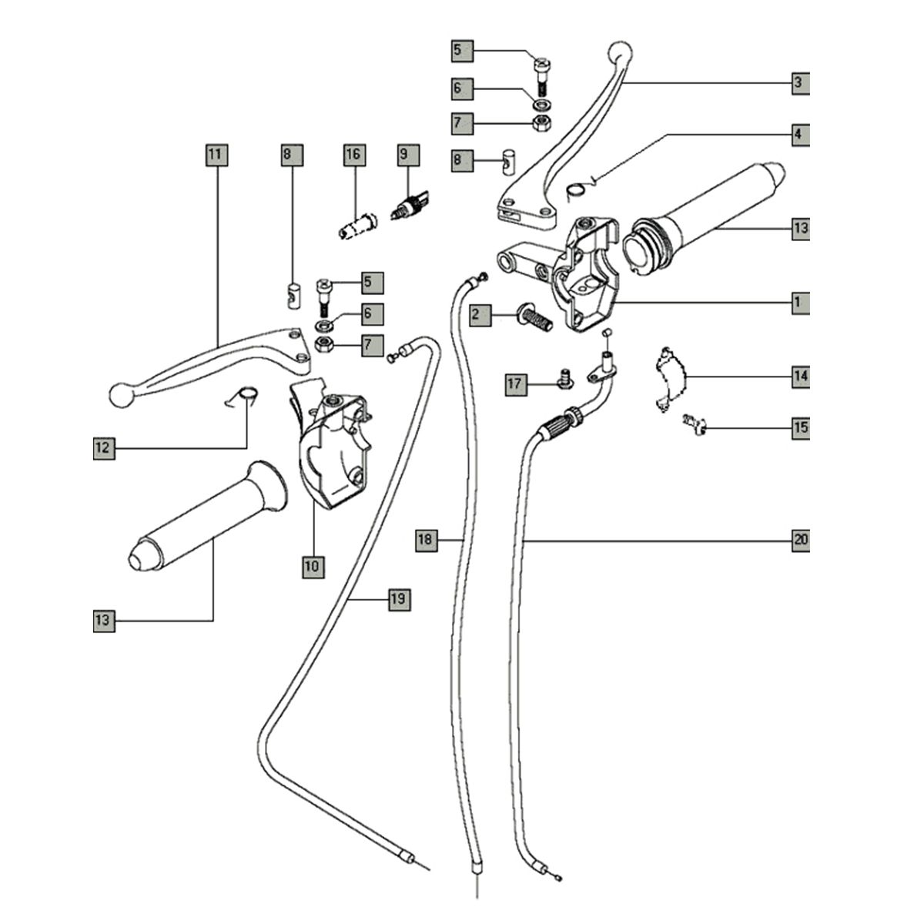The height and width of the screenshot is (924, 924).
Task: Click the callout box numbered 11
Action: [x=215, y=156]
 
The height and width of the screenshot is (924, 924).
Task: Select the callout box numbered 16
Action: [x=353, y=156]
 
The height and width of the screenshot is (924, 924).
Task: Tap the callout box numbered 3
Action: [x=800, y=82]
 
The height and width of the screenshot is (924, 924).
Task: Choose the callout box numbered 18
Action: [x=426, y=541]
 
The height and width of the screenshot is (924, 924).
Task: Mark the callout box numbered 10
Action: [x=313, y=567]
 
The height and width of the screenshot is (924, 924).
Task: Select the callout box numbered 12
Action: [x=104, y=448]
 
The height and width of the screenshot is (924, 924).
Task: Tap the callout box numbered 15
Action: [x=801, y=427]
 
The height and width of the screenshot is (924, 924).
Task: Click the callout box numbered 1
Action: [x=800, y=302]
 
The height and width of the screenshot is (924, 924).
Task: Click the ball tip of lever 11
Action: [x=121, y=394]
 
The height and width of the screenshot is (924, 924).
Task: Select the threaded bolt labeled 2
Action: [x=536, y=316]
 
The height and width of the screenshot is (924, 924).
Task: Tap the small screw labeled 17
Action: [x=565, y=377]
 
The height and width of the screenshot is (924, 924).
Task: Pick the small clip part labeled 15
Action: [x=695, y=423]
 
